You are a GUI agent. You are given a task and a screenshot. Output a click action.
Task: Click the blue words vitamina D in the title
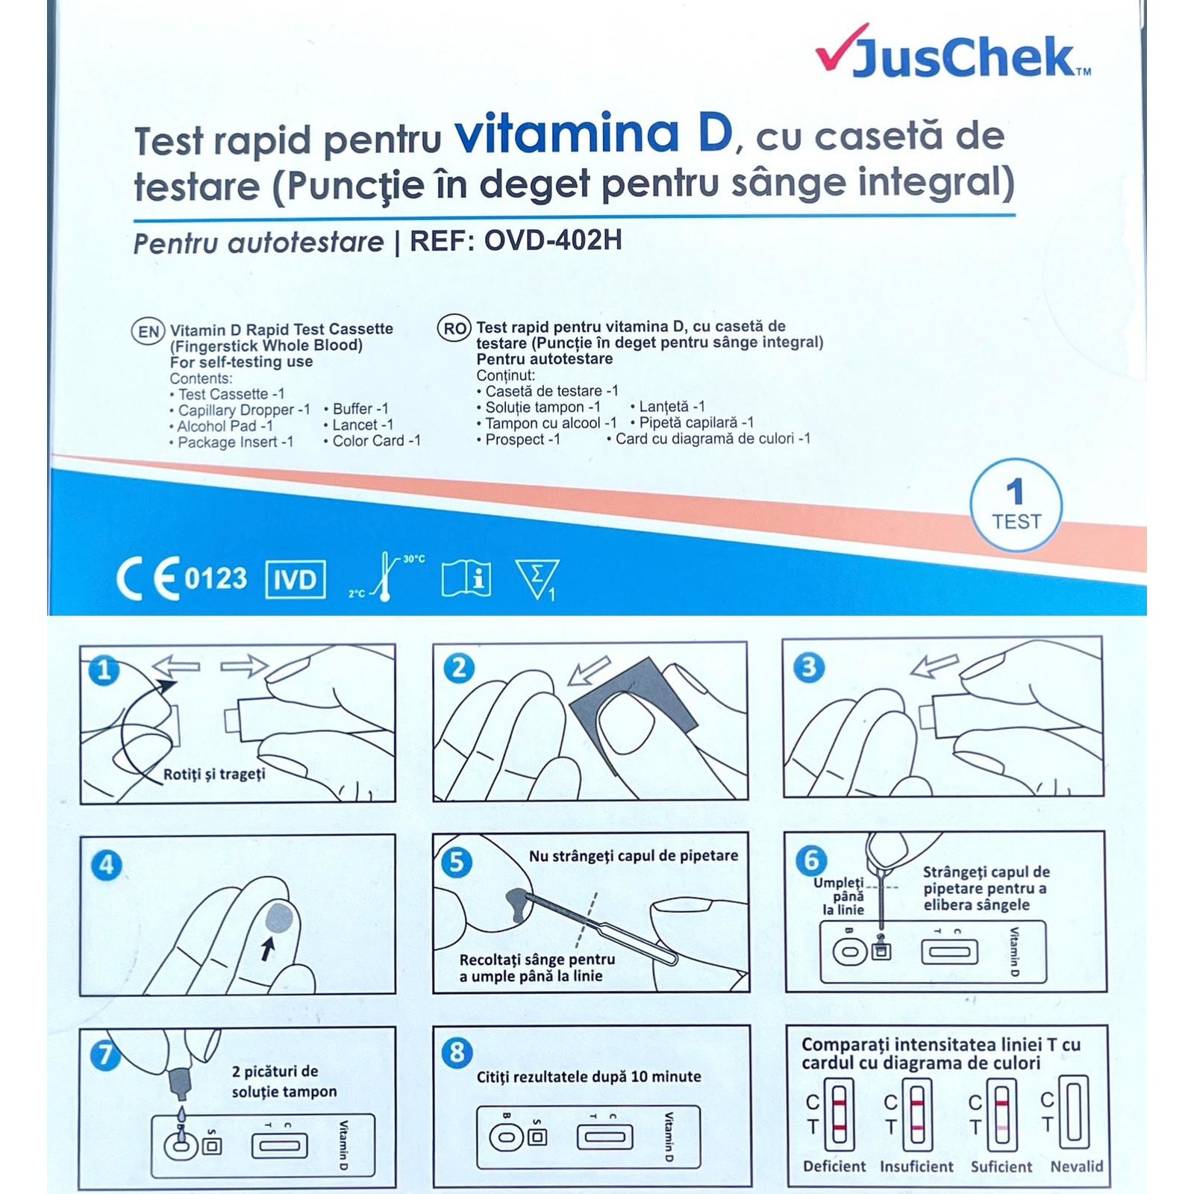[593, 134]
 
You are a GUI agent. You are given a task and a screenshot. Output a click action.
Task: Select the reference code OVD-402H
[553, 240]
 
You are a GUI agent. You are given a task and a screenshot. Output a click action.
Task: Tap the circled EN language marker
[149, 331]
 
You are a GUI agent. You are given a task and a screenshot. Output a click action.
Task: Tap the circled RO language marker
[454, 328]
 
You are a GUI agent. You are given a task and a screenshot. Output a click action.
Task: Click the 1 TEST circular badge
[1016, 505]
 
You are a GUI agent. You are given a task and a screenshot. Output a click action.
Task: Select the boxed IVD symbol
[296, 579]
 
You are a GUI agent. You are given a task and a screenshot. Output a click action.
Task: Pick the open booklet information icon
[466, 578]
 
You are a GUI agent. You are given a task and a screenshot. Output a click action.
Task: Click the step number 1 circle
[104, 669]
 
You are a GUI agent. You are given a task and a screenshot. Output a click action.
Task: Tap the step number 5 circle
[457, 862]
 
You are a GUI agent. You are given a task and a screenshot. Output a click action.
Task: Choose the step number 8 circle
[457, 1052]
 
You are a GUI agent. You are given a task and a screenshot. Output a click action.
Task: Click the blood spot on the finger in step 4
[279, 916]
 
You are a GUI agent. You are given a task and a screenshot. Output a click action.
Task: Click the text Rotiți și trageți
[214, 774]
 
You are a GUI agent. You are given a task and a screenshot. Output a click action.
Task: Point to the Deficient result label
[834, 1166]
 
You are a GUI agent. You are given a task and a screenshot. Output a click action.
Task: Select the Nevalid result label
[1076, 1166]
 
